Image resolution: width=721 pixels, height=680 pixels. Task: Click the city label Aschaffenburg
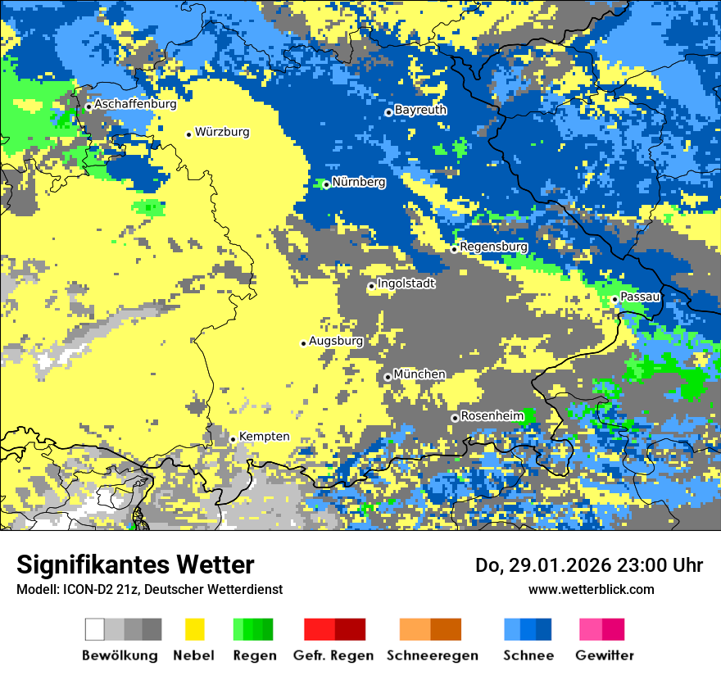[135, 104]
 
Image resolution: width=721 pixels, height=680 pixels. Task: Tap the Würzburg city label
[222, 132]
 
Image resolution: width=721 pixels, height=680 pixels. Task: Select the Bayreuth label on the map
[420, 110]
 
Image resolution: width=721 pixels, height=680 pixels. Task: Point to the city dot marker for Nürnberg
[326, 184]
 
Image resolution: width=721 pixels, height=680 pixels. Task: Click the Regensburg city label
[493, 247]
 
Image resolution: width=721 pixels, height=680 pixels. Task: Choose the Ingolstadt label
[406, 283]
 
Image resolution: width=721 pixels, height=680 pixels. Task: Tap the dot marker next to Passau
[614, 299]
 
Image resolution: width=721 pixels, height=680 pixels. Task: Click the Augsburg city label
[336, 341]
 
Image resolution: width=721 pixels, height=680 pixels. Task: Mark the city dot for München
[388, 377]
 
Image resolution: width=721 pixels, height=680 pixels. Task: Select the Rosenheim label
[492, 416]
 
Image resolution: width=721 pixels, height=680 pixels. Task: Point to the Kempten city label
[264, 437]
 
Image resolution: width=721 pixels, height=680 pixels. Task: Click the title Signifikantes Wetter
[135, 564]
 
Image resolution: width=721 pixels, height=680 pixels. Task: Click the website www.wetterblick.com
[591, 589]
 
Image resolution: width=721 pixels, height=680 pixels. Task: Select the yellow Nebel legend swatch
[195, 629]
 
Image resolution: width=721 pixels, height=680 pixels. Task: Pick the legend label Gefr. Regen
[333, 655]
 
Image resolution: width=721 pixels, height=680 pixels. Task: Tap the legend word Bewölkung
[120, 655]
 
